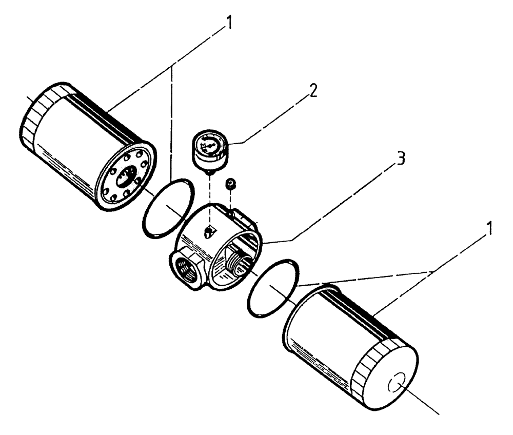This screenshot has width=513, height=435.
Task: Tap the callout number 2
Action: coord(313,90)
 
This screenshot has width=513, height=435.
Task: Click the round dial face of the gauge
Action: coord(211,145)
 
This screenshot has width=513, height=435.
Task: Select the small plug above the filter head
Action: coord(231,183)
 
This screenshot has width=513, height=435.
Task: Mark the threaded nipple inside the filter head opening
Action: coord(236,256)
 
